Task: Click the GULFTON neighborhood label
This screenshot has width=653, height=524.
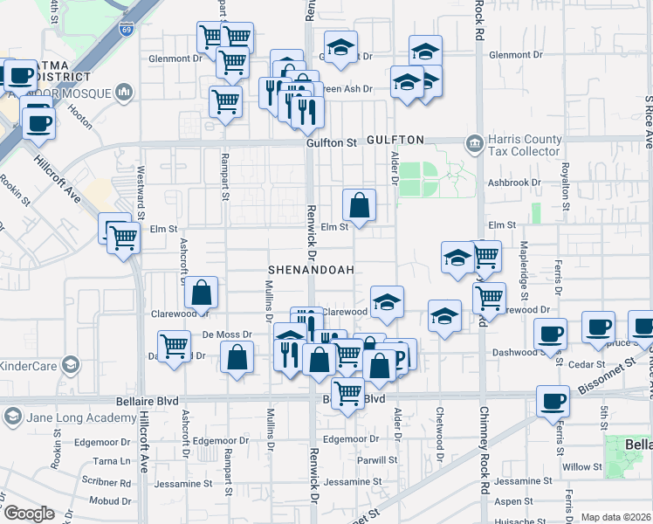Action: point(395,140)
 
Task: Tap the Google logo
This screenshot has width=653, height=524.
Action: point(29,514)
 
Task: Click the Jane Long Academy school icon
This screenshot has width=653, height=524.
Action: point(11,417)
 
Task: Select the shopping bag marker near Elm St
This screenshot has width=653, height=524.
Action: point(359,208)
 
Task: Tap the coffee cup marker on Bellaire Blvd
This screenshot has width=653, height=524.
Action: point(552,403)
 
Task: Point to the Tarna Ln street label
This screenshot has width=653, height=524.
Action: point(112,461)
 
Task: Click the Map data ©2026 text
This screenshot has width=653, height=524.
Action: point(615,517)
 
